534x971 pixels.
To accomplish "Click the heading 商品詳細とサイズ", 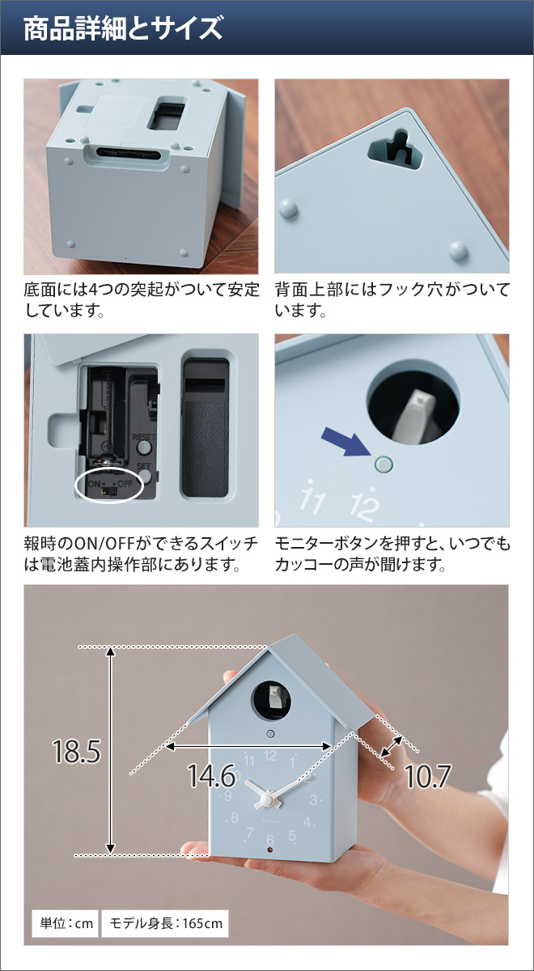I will [122, 30].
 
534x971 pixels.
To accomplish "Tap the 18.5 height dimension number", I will [76, 752].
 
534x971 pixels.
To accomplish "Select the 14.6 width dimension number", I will [211, 778].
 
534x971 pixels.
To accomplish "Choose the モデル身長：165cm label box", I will [164, 922].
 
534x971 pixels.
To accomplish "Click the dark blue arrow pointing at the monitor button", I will [343, 444].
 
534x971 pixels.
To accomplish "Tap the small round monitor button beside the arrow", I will [384, 464].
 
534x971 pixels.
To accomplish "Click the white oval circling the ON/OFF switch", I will [108, 485].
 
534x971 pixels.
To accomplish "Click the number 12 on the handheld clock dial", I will [270, 757].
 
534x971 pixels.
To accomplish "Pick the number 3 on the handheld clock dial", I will [313, 801].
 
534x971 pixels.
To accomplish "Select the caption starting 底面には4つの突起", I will [142, 299].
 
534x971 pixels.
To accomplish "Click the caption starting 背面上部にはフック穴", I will [392, 299].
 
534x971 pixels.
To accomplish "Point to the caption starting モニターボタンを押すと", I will [392, 553].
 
